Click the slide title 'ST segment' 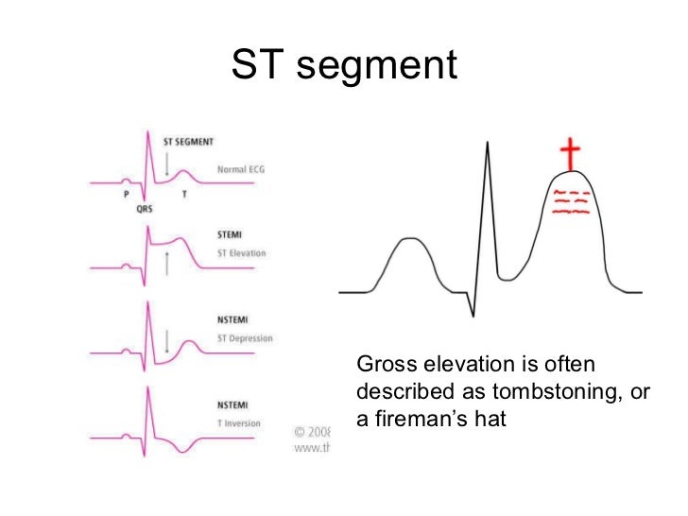click(344, 65)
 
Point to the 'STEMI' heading click(232, 232)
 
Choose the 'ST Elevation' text click(242, 252)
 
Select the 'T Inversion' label click(240, 422)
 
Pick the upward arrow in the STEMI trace click(166, 264)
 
